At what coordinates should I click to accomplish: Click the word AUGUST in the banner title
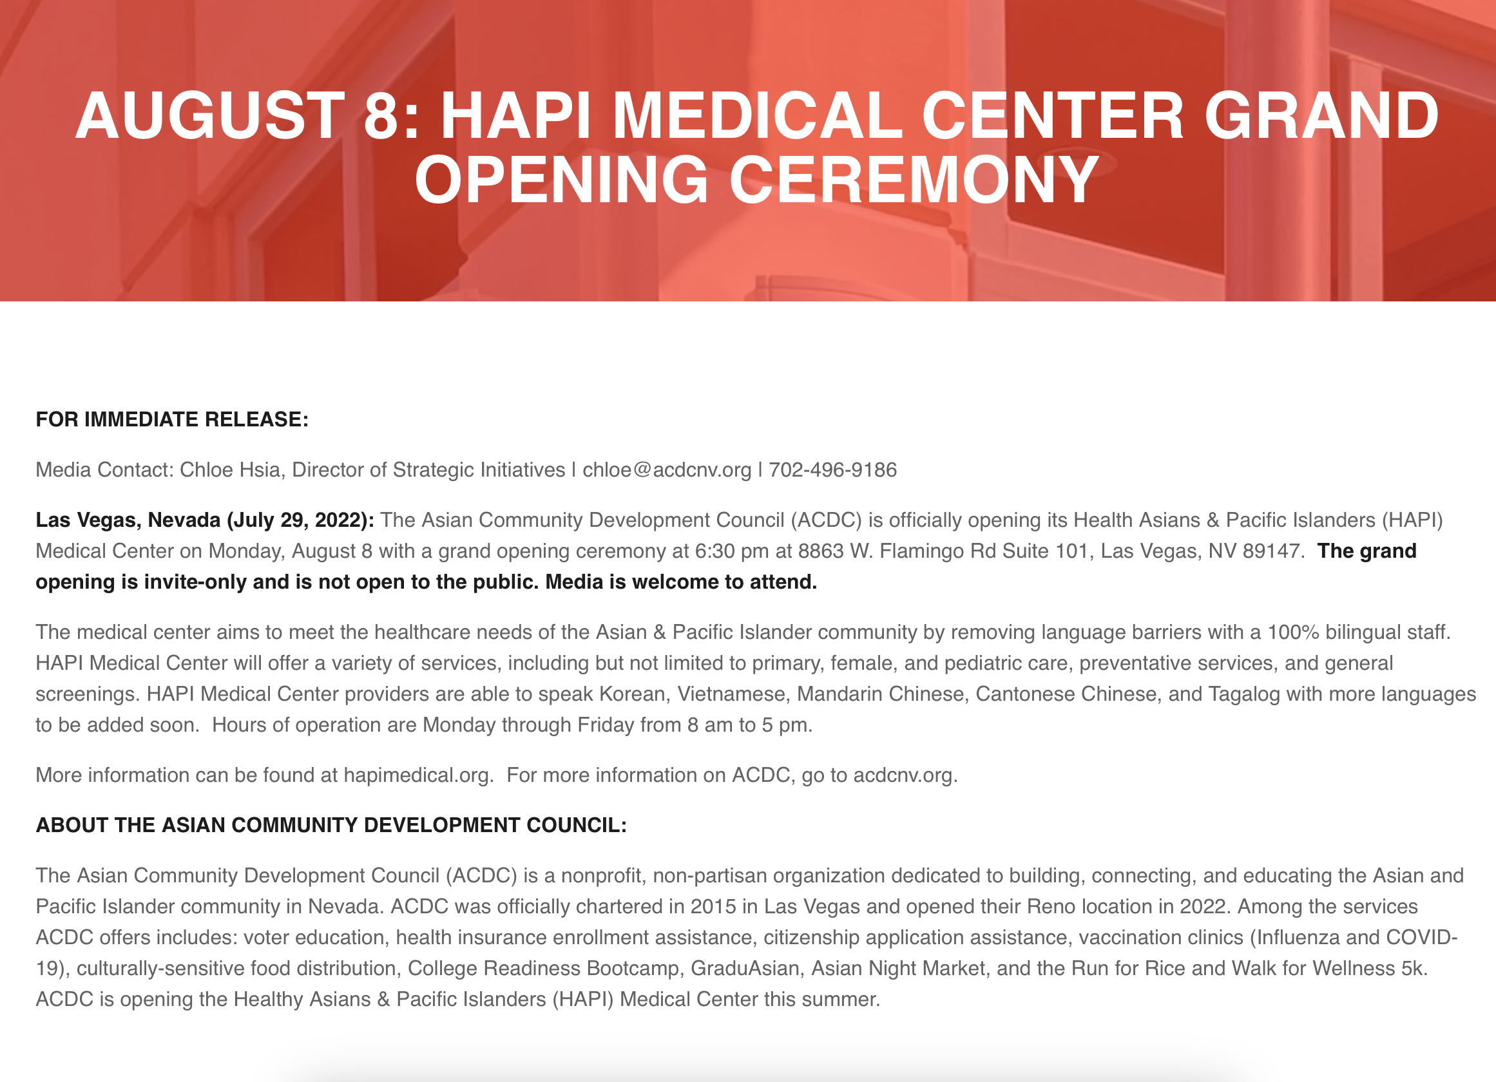pyautogui.click(x=211, y=115)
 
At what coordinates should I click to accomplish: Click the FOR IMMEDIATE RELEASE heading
pyautogui.click(x=172, y=419)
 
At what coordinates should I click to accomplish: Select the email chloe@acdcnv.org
pyautogui.click(x=667, y=470)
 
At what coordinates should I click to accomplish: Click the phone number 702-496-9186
pyautogui.click(x=833, y=470)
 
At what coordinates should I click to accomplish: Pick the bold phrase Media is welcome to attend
pyautogui.click(x=682, y=582)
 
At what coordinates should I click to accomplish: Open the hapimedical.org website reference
pyautogui.click(x=418, y=775)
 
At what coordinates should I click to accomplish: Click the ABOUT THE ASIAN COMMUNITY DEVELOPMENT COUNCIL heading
pyautogui.click(x=331, y=825)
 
